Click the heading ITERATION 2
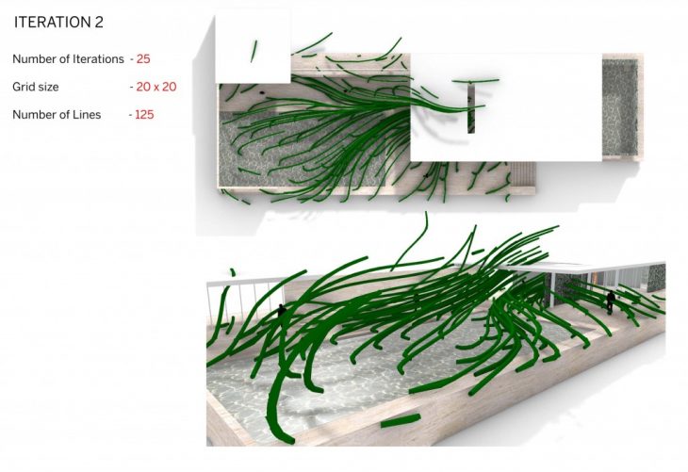click(x=58, y=22)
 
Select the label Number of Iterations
click(x=68, y=58)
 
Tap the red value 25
click(x=143, y=58)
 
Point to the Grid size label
click(x=36, y=87)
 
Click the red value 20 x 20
click(x=156, y=87)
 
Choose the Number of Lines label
click(x=57, y=115)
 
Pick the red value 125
click(x=144, y=115)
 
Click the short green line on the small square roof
click(x=254, y=51)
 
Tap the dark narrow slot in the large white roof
click(x=471, y=108)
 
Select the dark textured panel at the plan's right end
click(x=619, y=107)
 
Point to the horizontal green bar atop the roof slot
click(x=475, y=81)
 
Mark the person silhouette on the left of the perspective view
click(x=281, y=311)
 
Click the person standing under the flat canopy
click(x=611, y=301)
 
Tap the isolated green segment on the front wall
click(x=401, y=420)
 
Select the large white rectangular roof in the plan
click(x=506, y=107)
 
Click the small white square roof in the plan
click(x=253, y=48)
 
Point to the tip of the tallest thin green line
click(x=426, y=213)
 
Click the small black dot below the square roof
click(x=262, y=92)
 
